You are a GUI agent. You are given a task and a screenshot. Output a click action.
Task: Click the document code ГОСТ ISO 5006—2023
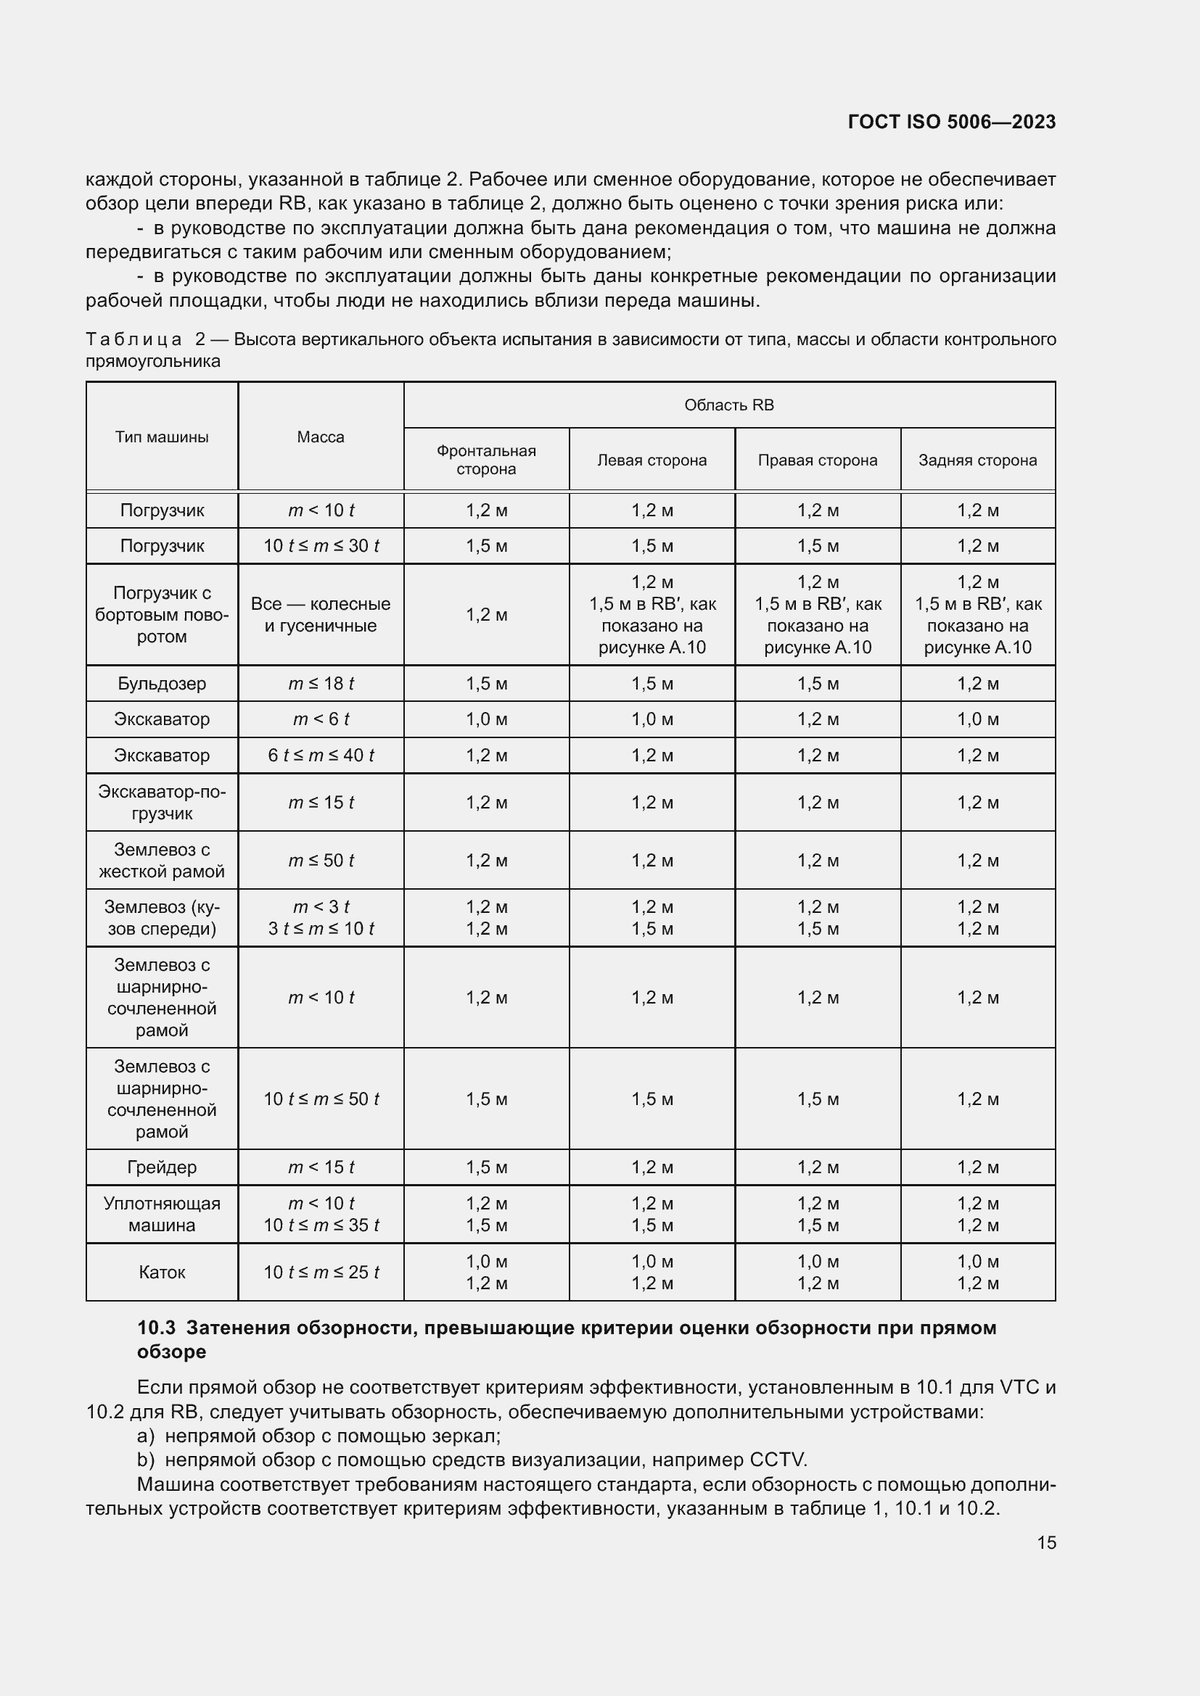click(x=951, y=122)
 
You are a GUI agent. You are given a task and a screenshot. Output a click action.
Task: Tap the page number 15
click(x=1046, y=1542)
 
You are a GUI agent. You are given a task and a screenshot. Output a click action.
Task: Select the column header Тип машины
click(x=162, y=437)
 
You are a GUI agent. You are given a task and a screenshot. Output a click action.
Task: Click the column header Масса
click(x=321, y=437)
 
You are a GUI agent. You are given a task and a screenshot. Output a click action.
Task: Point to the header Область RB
click(x=728, y=405)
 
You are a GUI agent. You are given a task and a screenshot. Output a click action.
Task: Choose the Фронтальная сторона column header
click(x=486, y=460)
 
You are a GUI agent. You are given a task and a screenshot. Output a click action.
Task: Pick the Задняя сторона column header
click(x=977, y=460)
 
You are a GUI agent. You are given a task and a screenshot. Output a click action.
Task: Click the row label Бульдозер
click(x=162, y=683)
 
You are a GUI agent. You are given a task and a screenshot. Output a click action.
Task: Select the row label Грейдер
click(x=162, y=1167)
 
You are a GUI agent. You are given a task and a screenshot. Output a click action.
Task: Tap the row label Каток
click(x=162, y=1272)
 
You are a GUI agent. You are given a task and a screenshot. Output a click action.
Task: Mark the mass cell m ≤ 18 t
click(x=321, y=683)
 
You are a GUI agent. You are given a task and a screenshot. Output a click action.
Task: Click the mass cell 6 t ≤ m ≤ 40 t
click(x=321, y=755)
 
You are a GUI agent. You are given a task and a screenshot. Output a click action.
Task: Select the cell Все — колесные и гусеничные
click(x=321, y=615)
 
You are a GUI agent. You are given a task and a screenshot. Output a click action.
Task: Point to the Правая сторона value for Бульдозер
click(x=817, y=683)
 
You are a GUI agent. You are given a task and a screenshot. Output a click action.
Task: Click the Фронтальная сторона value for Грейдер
click(x=486, y=1167)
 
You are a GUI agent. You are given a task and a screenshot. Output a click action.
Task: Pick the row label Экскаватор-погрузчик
click(x=162, y=802)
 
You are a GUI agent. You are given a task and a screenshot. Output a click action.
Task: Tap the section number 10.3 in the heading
click(x=156, y=1328)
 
